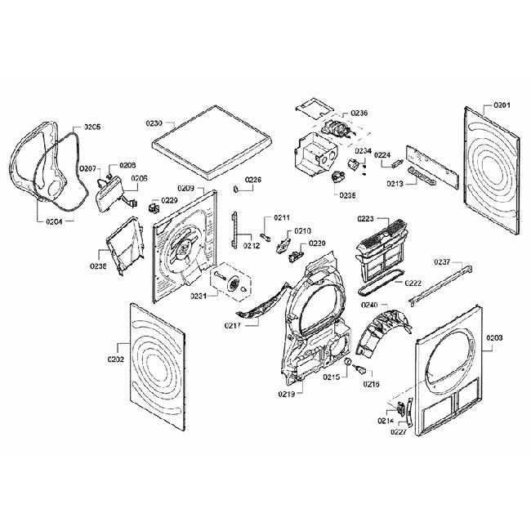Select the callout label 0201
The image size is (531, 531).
pyautogui.click(x=502, y=105)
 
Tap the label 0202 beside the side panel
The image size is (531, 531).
pyautogui.click(x=115, y=359)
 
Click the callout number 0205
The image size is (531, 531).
pyautogui.click(x=92, y=127)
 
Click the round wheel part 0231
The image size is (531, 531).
pyautogui.click(x=238, y=285)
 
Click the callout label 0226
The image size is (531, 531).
pyautogui.click(x=254, y=180)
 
